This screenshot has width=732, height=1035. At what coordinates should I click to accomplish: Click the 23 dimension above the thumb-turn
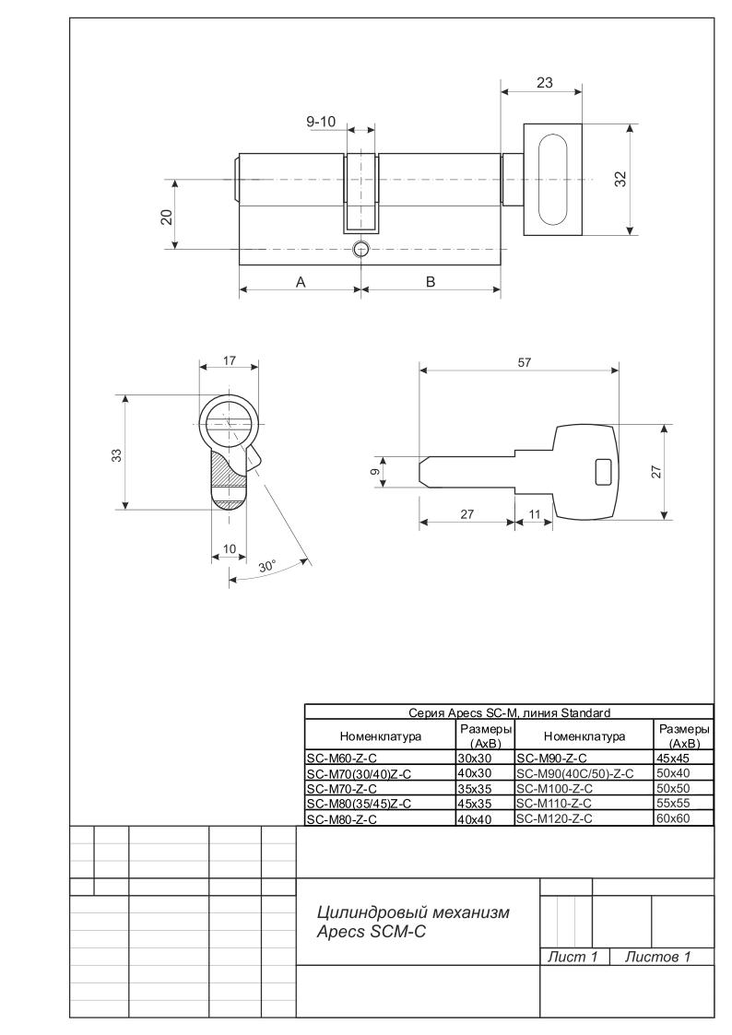point(544,82)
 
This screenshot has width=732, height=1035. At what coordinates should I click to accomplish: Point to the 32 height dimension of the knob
point(619,180)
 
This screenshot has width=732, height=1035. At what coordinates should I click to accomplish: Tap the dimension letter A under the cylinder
point(300,282)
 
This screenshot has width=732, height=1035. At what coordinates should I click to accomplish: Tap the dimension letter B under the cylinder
point(430,282)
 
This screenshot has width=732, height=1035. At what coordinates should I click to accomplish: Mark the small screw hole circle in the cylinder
point(360,249)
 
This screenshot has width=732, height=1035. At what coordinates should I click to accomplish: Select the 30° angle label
point(267,568)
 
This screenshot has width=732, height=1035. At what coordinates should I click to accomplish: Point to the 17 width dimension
point(229,362)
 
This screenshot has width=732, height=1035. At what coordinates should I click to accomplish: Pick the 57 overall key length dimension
point(524,362)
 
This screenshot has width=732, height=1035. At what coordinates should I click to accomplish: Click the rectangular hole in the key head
point(603,471)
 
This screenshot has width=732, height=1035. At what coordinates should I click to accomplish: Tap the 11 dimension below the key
point(534,512)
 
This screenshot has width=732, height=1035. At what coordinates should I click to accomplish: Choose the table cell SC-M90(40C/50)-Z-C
point(575,773)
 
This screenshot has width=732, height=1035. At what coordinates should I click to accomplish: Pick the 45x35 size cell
point(475,803)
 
